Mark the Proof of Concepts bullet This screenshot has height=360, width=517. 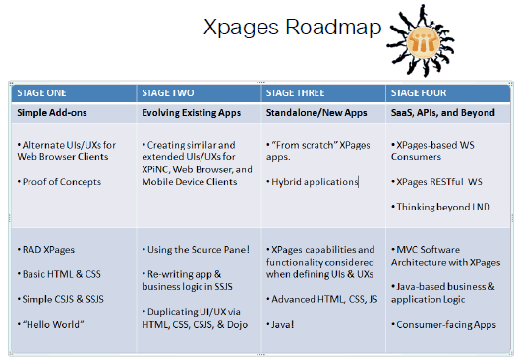point(60,182)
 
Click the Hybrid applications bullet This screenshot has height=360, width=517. point(314,182)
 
